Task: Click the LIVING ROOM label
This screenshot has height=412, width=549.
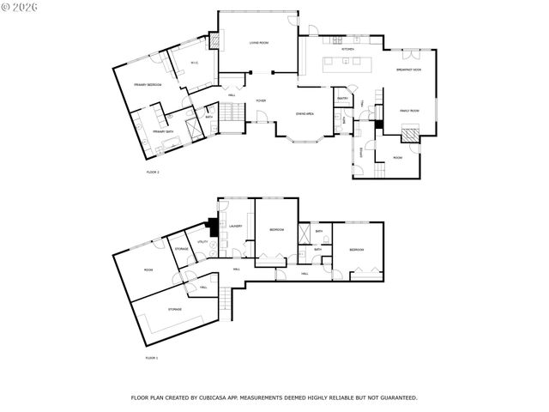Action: pyautogui.click(x=259, y=42)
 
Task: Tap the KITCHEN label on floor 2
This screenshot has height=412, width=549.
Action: pyautogui.click(x=347, y=50)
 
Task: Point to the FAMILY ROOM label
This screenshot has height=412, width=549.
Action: pyautogui.click(x=408, y=111)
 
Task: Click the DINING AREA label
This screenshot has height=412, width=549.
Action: pyautogui.click(x=304, y=113)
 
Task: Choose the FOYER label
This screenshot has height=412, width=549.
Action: pyautogui.click(x=260, y=100)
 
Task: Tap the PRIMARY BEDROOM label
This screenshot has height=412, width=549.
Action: pyautogui.click(x=148, y=84)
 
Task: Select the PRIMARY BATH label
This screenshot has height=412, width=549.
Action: pyautogui.click(x=163, y=131)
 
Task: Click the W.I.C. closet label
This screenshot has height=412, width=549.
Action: pyautogui.click(x=195, y=62)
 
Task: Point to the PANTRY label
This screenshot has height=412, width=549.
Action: pyautogui.click(x=341, y=99)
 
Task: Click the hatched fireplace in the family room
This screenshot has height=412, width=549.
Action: pyautogui.click(x=413, y=133)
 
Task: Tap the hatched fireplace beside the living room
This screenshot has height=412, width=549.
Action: pyautogui.click(x=215, y=40)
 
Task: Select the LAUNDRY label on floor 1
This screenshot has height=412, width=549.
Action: pyautogui.click(x=236, y=227)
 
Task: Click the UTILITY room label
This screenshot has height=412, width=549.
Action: pyautogui.click(x=202, y=242)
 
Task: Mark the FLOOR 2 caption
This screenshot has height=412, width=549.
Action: pyautogui.click(x=154, y=172)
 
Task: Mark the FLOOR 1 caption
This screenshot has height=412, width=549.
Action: pyautogui.click(x=151, y=357)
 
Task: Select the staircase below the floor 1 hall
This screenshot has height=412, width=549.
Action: pyautogui.click(x=226, y=301)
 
